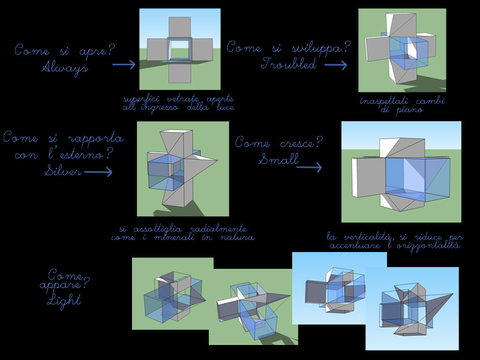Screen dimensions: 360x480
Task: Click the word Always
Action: (x=65, y=68)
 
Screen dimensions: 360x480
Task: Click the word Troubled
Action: (x=289, y=64)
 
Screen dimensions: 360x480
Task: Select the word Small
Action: (x=278, y=160)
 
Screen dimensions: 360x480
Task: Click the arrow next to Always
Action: (x=124, y=65)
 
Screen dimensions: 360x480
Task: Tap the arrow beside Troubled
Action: (x=335, y=65)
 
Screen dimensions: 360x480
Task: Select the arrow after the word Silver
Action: (x=98, y=172)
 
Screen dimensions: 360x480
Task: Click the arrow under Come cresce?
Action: (x=309, y=167)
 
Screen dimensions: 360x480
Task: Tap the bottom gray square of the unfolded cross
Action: (x=180, y=72)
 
